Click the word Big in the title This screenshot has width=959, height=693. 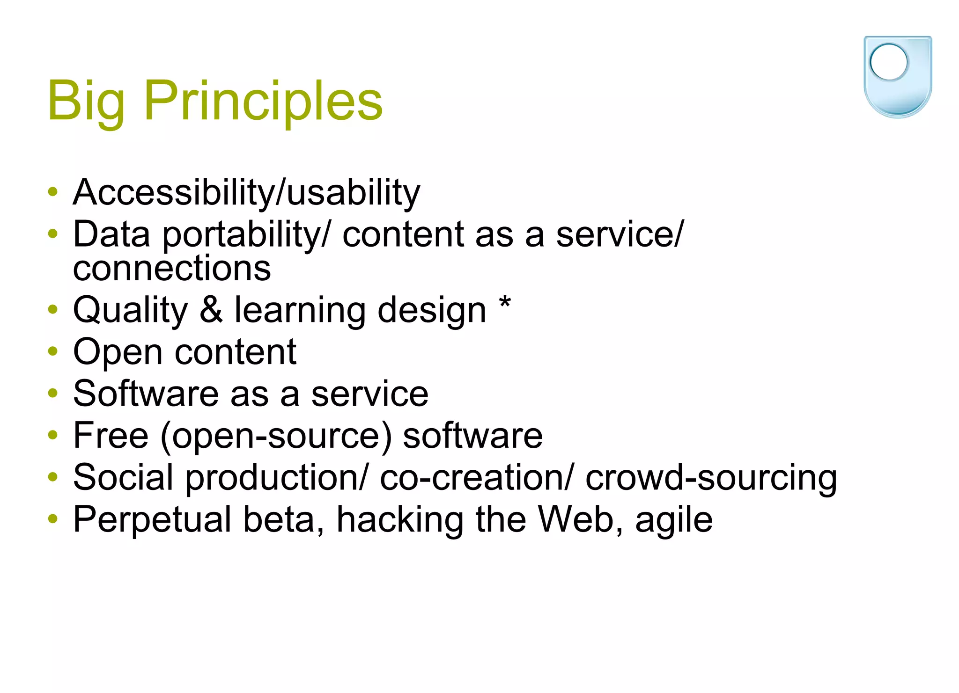(86, 101)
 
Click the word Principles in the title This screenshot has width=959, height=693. (263, 101)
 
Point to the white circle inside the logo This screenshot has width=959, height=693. (888, 62)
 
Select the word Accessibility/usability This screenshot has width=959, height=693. (246, 193)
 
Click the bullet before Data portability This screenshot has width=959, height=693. (53, 233)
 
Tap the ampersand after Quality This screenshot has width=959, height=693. (211, 310)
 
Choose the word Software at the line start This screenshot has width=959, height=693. (146, 394)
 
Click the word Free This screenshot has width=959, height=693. (111, 436)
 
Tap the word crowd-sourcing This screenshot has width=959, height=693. (711, 478)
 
